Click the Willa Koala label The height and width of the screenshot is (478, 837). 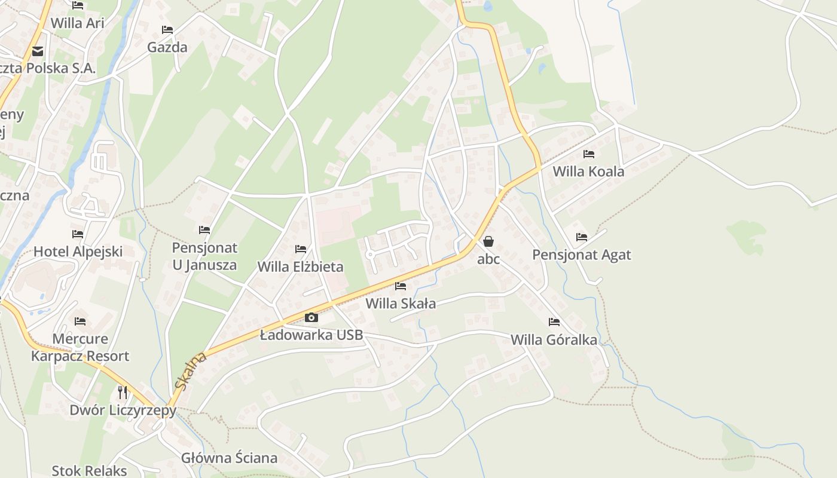point(588,171)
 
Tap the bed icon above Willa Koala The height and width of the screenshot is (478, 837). point(589,154)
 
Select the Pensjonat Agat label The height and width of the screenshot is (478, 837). point(582,255)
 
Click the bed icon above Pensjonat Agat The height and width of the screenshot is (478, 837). point(582,237)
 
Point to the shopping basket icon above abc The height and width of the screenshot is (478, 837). point(488,241)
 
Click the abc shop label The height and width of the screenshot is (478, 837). point(488,259)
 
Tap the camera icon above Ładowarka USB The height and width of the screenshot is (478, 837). point(311,318)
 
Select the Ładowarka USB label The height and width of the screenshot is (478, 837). point(311,335)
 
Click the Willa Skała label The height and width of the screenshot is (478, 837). point(401,304)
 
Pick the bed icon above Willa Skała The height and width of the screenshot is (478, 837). point(401,286)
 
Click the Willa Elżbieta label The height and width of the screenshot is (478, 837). point(300,266)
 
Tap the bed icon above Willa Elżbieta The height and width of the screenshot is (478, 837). point(301,249)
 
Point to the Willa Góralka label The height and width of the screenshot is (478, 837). point(554,340)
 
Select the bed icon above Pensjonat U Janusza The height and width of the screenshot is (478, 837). point(204,230)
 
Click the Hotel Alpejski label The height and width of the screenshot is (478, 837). point(78,252)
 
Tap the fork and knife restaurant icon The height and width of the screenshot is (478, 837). point(123,392)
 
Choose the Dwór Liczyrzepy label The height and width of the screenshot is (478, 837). point(123,410)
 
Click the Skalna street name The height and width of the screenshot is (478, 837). point(192,371)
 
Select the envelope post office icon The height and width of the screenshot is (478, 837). point(38,51)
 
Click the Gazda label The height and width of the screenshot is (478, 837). point(167,47)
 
